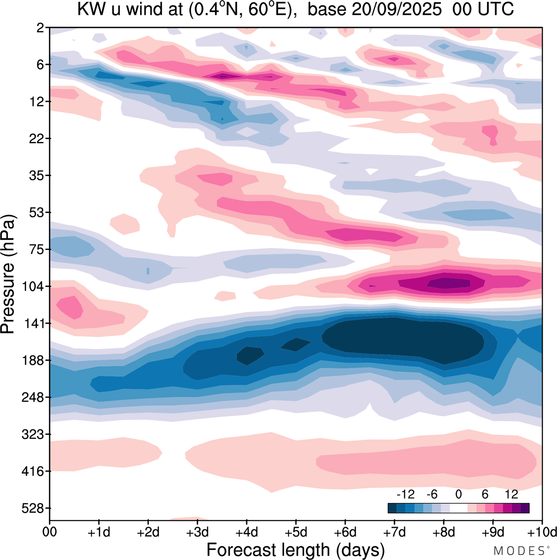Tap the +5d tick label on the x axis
[x=296, y=532]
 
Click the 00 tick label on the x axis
[x=50, y=532]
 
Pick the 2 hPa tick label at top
[x=40, y=28]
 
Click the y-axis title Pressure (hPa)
[x=9, y=274]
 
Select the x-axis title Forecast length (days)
[x=295, y=550]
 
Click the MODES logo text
[x=519, y=551]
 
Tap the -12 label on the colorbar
[x=405, y=494]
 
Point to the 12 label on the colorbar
[x=511, y=494]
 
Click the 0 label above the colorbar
[x=458, y=494]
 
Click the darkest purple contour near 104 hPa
[x=448, y=283]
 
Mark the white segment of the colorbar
[x=458, y=508]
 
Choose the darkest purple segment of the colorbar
[x=525, y=508]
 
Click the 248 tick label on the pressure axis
[x=33, y=398]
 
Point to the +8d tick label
[x=444, y=532]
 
